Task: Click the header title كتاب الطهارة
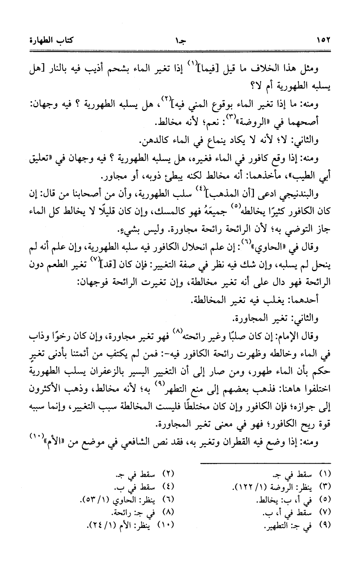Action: coord(52,41)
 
